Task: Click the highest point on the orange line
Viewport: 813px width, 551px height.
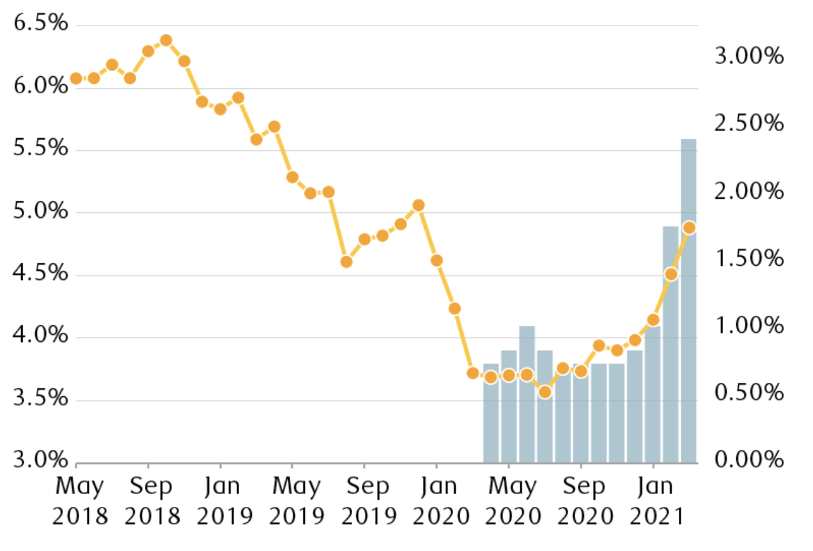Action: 166,41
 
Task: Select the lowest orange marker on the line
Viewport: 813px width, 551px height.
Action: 545,392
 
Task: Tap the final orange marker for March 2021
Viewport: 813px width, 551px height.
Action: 688,228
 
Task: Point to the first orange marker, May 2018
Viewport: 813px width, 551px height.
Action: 76,79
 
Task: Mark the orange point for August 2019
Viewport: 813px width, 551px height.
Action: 346,261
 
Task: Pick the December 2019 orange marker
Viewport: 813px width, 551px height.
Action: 419,205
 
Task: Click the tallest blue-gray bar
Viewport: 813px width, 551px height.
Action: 688,300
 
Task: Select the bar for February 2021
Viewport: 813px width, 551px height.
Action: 670,345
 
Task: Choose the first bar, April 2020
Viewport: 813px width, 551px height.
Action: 491,413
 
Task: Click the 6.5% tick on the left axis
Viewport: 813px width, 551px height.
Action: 40,24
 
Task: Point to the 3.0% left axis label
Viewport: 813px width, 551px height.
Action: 40,461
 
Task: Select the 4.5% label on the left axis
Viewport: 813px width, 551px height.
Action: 40,274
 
